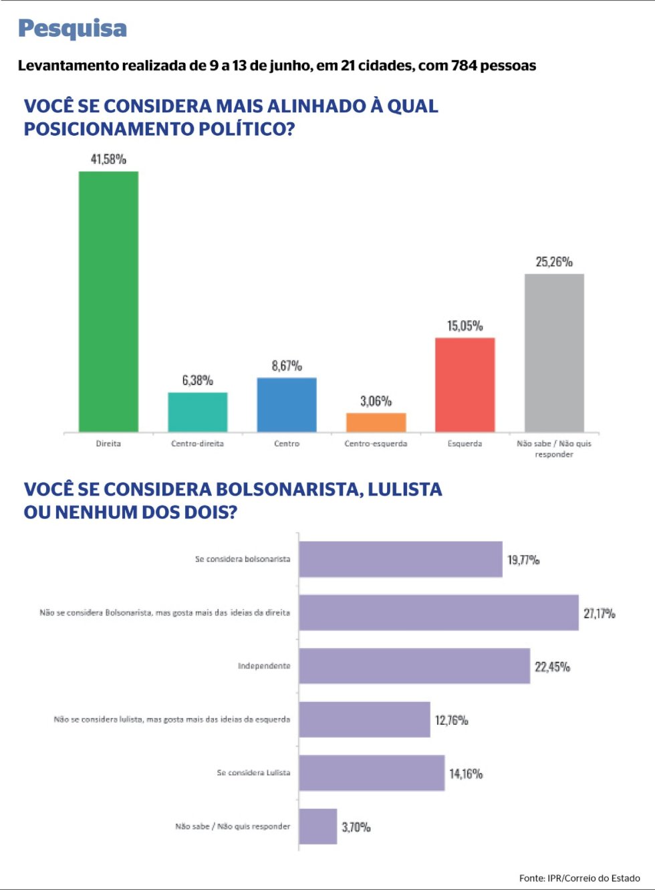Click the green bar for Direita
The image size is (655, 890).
[x=108, y=302]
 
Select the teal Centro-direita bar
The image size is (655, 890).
[x=198, y=412]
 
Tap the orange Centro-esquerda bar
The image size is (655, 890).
[x=376, y=423]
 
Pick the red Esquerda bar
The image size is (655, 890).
[x=465, y=385]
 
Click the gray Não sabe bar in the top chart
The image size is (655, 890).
[x=554, y=353]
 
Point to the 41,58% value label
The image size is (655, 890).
[x=108, y=159]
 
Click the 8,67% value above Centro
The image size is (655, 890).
[x=287, y=366]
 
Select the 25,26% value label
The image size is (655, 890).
[x=554, y=262]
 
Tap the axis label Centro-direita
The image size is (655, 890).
[x=197, y=443]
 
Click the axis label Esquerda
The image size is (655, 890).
[x=465, y=444]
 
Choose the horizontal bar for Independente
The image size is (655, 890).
[x=414, y=666]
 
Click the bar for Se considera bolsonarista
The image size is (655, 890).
[x=400, y=559]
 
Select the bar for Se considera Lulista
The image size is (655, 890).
[x=372, y=773]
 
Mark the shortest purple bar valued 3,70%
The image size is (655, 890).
[x=317, y=826]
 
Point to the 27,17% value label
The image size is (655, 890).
[x=600, y=614]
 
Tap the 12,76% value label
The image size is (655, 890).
[x=452, y=720]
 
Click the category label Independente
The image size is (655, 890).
[x=264, y=666]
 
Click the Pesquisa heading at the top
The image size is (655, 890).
[x=73, y=29]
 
